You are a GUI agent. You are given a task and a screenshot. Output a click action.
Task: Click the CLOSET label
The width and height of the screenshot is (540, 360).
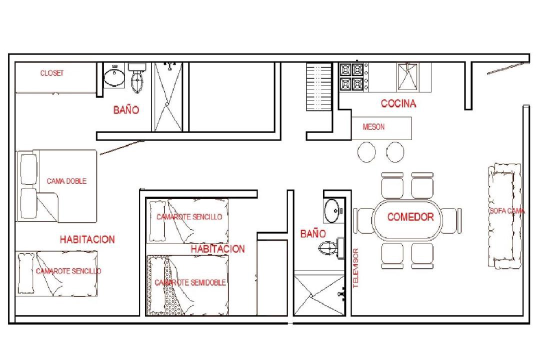tap(52, 73)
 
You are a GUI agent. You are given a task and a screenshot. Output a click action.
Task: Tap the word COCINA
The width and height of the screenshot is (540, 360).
tap(398, 103)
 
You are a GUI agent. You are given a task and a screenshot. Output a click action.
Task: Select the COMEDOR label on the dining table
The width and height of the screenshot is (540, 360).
tap(410, 217)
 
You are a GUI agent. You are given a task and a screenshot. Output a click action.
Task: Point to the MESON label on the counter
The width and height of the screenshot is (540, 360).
tap(373, 127)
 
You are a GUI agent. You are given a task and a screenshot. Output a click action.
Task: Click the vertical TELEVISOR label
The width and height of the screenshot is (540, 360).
tap(356, 268)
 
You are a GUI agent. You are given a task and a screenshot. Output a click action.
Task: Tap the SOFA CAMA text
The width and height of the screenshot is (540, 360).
tap(507, 211)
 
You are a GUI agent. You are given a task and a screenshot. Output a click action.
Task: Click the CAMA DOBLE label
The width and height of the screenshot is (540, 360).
tap(66, 181)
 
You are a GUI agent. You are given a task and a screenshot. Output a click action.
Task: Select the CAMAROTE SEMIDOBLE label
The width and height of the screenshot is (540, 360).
tap(190, 283)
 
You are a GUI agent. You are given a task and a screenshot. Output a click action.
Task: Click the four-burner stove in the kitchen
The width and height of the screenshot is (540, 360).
tap(352, 77)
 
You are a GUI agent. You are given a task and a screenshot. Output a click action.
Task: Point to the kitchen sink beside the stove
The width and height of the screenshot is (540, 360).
tap(407, 76)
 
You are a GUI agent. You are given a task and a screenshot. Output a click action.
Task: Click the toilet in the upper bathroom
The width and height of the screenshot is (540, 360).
tap(137, 77)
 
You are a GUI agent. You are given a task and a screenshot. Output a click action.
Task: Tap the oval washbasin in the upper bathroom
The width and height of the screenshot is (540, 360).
tap(114, 77)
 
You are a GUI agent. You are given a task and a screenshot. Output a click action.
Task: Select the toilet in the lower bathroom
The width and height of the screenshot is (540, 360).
tap(331, 247)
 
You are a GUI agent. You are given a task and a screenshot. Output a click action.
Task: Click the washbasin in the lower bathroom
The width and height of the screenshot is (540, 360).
tap(332, 210)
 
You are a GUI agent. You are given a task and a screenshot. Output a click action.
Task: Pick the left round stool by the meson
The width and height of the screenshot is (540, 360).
tap(366, 152)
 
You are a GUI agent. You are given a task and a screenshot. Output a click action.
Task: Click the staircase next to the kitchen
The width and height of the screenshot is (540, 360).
tap(319, 87)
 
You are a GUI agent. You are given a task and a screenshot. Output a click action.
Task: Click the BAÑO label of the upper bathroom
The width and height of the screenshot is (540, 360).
tap(126, 110)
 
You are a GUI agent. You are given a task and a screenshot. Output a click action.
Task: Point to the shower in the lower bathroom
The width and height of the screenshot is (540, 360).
tap(319, 295)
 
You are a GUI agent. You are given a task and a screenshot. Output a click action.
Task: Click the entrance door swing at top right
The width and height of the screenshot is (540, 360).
tap(507, 68)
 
